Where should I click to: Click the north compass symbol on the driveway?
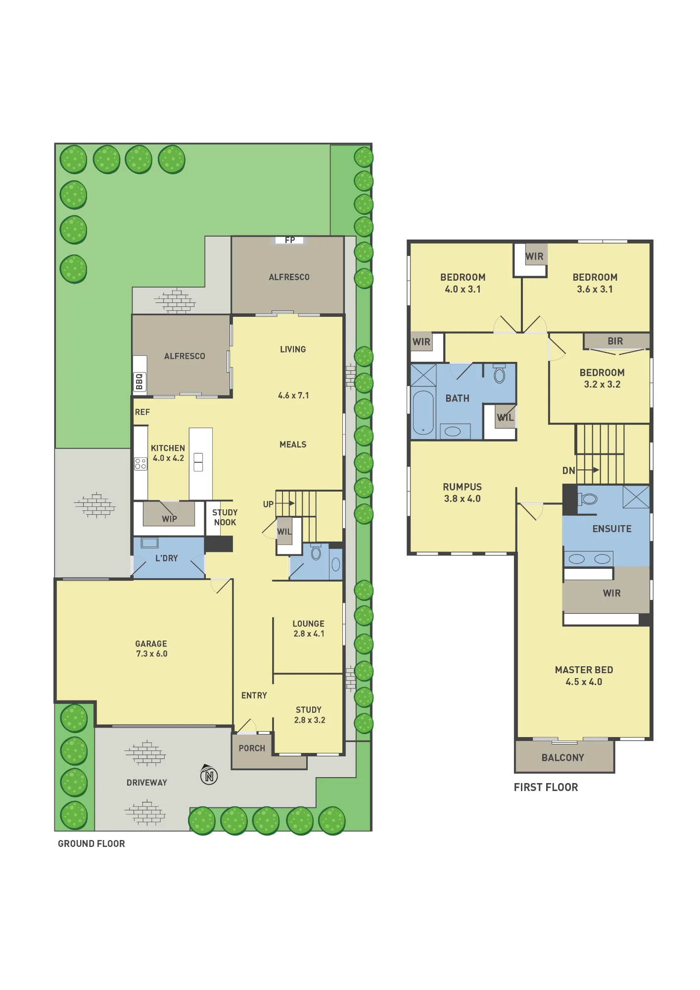pos(209,775)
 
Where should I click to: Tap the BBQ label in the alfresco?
pos(140,382)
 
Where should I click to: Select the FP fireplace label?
pos(290,240)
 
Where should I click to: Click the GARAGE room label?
pos(151,643)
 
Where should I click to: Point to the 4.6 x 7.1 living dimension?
pos(293,396)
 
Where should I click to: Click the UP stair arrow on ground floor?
pos(285,503)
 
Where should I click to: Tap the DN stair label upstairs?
pos(568,471)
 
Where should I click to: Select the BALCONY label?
pos(563,758)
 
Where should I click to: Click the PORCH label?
pos(252,748)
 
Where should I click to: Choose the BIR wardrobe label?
pos(615,341)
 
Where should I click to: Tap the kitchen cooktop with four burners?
pos(140,463)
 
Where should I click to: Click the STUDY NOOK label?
pos(225,517)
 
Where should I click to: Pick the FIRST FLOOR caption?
pos(546,787)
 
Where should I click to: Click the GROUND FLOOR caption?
pos(92,843)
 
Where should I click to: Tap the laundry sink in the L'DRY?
pos(149,543)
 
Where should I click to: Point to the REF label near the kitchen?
pos(142,412)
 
